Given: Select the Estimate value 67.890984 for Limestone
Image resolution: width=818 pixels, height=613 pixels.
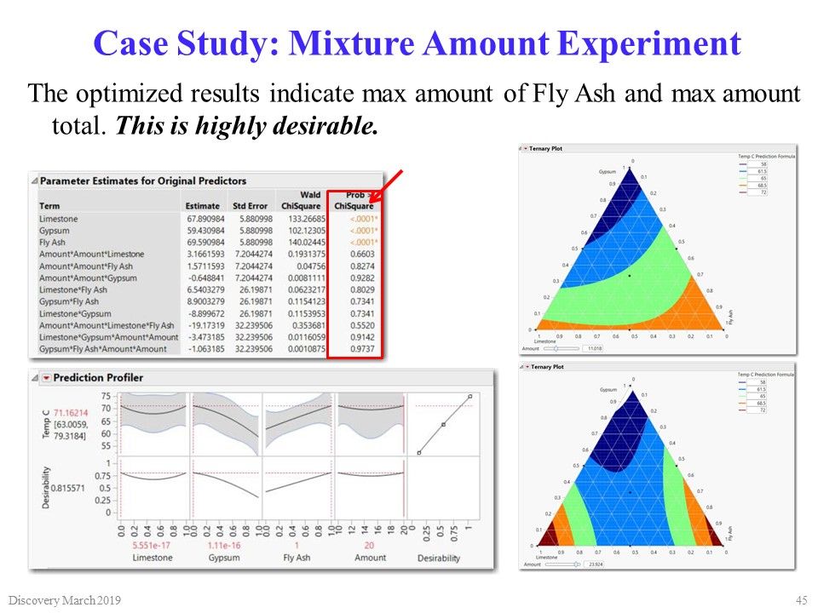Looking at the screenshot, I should tap(203, 219).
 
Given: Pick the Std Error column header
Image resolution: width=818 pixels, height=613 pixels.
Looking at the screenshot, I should tap(251, 206).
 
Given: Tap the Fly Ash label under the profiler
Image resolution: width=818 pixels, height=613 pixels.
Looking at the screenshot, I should tap(297, 558).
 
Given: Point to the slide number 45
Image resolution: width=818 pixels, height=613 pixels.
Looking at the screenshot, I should tap(800, 600).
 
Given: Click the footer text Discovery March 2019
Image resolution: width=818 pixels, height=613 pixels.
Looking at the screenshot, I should tap(66, 601).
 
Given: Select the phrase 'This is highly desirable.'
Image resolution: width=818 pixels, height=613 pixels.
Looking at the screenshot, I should tap(245, 127).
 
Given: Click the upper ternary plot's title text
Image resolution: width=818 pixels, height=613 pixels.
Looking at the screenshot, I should tap(546, 149).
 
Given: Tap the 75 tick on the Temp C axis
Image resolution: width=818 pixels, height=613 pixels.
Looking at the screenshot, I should tap(106, 396).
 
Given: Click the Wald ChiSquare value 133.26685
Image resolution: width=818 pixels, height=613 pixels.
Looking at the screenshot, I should tap(301, 219).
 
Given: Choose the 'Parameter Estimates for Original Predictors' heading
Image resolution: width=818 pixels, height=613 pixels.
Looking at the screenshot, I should tap(143, 180).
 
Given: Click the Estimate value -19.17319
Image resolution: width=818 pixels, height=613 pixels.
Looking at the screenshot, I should tap(203, 326).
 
